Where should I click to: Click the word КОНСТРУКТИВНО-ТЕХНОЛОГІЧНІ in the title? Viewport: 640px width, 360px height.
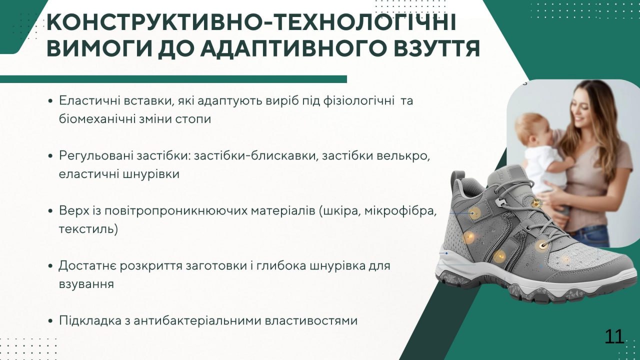[x=251, y=22]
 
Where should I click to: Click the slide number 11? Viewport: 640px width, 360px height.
[x=614, y=337]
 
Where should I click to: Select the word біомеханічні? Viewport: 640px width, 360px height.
[x=97, y=119]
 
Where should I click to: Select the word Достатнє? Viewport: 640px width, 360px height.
[x=87, y=266]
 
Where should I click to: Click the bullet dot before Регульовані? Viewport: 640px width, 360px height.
[x=51, y=156]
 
